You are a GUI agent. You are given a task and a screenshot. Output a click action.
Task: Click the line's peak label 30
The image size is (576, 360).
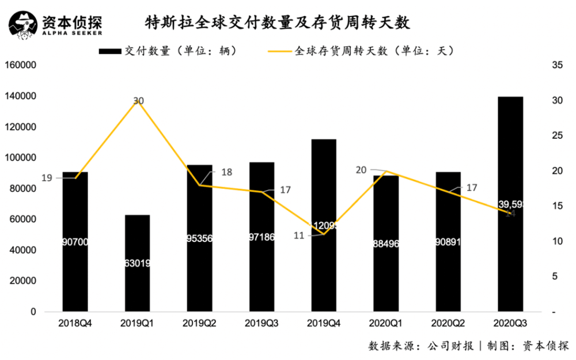click(x=138, y=101)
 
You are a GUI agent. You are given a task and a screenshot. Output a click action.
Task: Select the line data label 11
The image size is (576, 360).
click(x=298, y=235)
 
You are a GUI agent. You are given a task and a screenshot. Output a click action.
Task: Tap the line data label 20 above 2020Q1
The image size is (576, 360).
click(x=361, y=169)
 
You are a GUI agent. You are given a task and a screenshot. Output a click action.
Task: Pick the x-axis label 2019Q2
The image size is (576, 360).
click(x=199, y=323)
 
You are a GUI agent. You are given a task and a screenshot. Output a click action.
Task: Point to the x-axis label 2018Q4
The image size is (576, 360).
click(x=75, y=323)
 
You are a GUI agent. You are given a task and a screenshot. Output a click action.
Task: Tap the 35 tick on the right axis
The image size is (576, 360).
click(x=557, y=65)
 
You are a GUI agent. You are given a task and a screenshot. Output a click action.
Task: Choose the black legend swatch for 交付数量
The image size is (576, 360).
click(x=111, y=51)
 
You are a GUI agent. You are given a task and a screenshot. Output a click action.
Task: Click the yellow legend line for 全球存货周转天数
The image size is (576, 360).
click(x=281, y=51)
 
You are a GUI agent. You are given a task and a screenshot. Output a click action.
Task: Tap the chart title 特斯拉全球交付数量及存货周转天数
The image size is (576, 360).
click(x=278, y=23)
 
